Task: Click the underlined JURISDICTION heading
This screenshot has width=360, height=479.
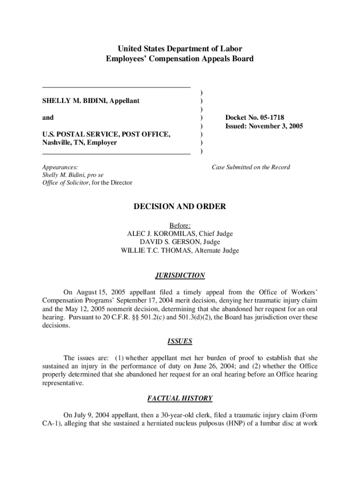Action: (x=180, y=276)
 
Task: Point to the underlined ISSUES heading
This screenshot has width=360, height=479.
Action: (x=180, y=341)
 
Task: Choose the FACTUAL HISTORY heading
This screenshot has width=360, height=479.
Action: (x=180, y=399)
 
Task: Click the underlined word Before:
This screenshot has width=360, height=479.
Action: (x=180, y=225)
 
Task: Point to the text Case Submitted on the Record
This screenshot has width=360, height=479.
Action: (x=251, y=167)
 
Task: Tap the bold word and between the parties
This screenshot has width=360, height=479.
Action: (x=48, y=117)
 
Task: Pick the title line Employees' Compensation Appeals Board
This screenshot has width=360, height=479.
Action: (x=180, y=59)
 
